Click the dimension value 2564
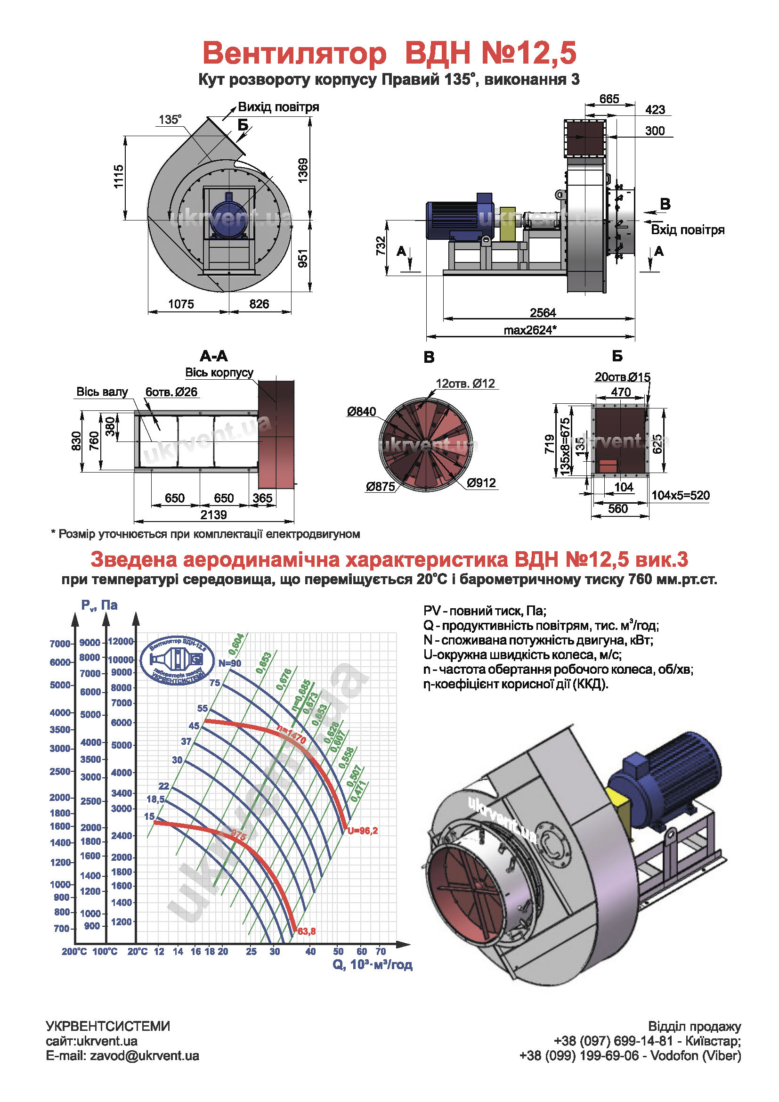(543, 312)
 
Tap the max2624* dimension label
(529, 330)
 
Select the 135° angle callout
(170, 120)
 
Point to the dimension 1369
(303, 171)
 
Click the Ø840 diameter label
(362, 411)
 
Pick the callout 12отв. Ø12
(465, 383)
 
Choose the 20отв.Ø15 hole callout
(622, 377)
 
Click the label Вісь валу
(102, 392)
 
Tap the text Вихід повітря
(278, 106)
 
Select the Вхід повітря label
(687, 230)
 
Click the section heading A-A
(213, 356)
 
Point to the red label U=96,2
(363, 830)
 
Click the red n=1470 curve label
(291, 735)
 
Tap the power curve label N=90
(230, 663)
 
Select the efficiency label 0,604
(236, 644)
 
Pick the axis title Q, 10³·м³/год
(372, 965)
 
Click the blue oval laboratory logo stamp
(178, 660)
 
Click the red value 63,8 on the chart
(307, 931)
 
